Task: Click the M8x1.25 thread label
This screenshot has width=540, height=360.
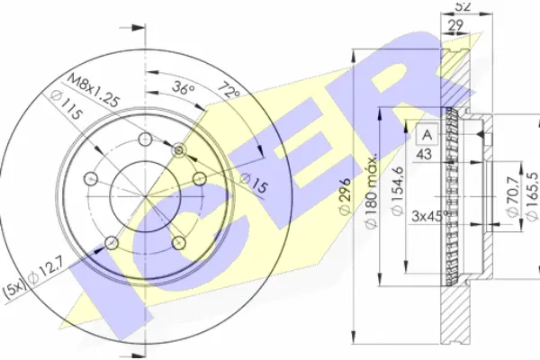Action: click(x=94, y=90)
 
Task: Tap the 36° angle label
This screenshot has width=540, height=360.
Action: click(x=184, y=88)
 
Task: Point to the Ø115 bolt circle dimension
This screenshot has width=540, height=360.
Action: click(x=66, y=105)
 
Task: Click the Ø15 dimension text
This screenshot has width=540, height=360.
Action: click(x=253, y=183)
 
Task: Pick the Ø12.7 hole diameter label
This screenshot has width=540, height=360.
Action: click(x=46, y=272)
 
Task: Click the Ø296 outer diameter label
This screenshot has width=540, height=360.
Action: click(x=345, y=196)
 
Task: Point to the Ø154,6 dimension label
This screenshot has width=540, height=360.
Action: click(x=398, y=191)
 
